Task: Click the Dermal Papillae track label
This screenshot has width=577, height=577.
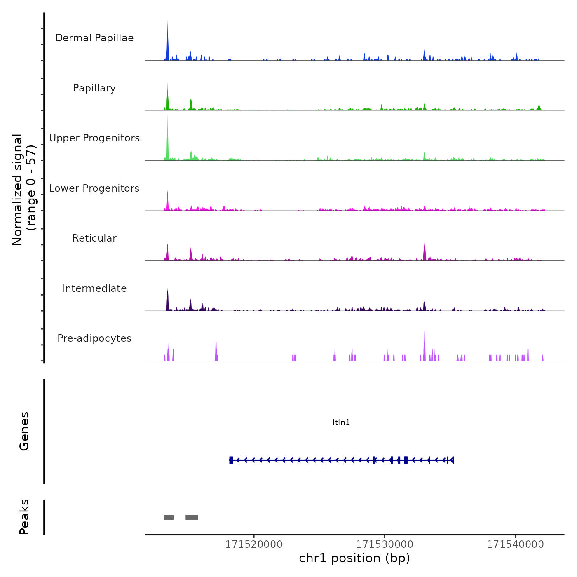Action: pyautogui.click(x=94, y=38)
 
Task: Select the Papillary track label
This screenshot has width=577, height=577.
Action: pyautogui.click(x=94, y=88)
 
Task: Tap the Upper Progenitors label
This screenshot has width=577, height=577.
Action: pyautogui.click(x=94, y=138)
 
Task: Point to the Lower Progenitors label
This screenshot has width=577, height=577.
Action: pyautogui.click(x=94, y=188)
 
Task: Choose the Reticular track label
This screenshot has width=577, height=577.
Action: pyautogui.click(x=94, y=238)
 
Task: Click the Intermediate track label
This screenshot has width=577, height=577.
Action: pyautogui.click(x=94, y=288)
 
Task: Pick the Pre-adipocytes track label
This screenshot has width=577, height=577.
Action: pyautogui.click(x=94, y=338)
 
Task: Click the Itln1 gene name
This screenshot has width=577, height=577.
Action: pyautogui.click(x=341, y=422)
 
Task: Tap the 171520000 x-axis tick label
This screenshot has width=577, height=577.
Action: pyautogui.click(x=254, y=544)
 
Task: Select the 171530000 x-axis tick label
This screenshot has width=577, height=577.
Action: pyautogui.click(x=385, y=544)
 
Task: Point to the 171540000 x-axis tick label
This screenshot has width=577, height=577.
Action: pyautogui.click(x=516, y=544)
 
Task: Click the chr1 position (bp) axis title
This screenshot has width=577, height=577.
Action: pyautogui.click(x=354, y=558)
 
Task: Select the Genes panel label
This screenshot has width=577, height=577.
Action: pyautogui.click(x=24, y=431)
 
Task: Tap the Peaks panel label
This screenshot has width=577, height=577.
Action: pyautogui.click(x=24, y=517)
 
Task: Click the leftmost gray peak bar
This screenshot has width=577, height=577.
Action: pyautogui.click(x=169, y=517)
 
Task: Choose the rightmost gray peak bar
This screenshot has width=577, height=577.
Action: pyautogui.click(x=192, y=517)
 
